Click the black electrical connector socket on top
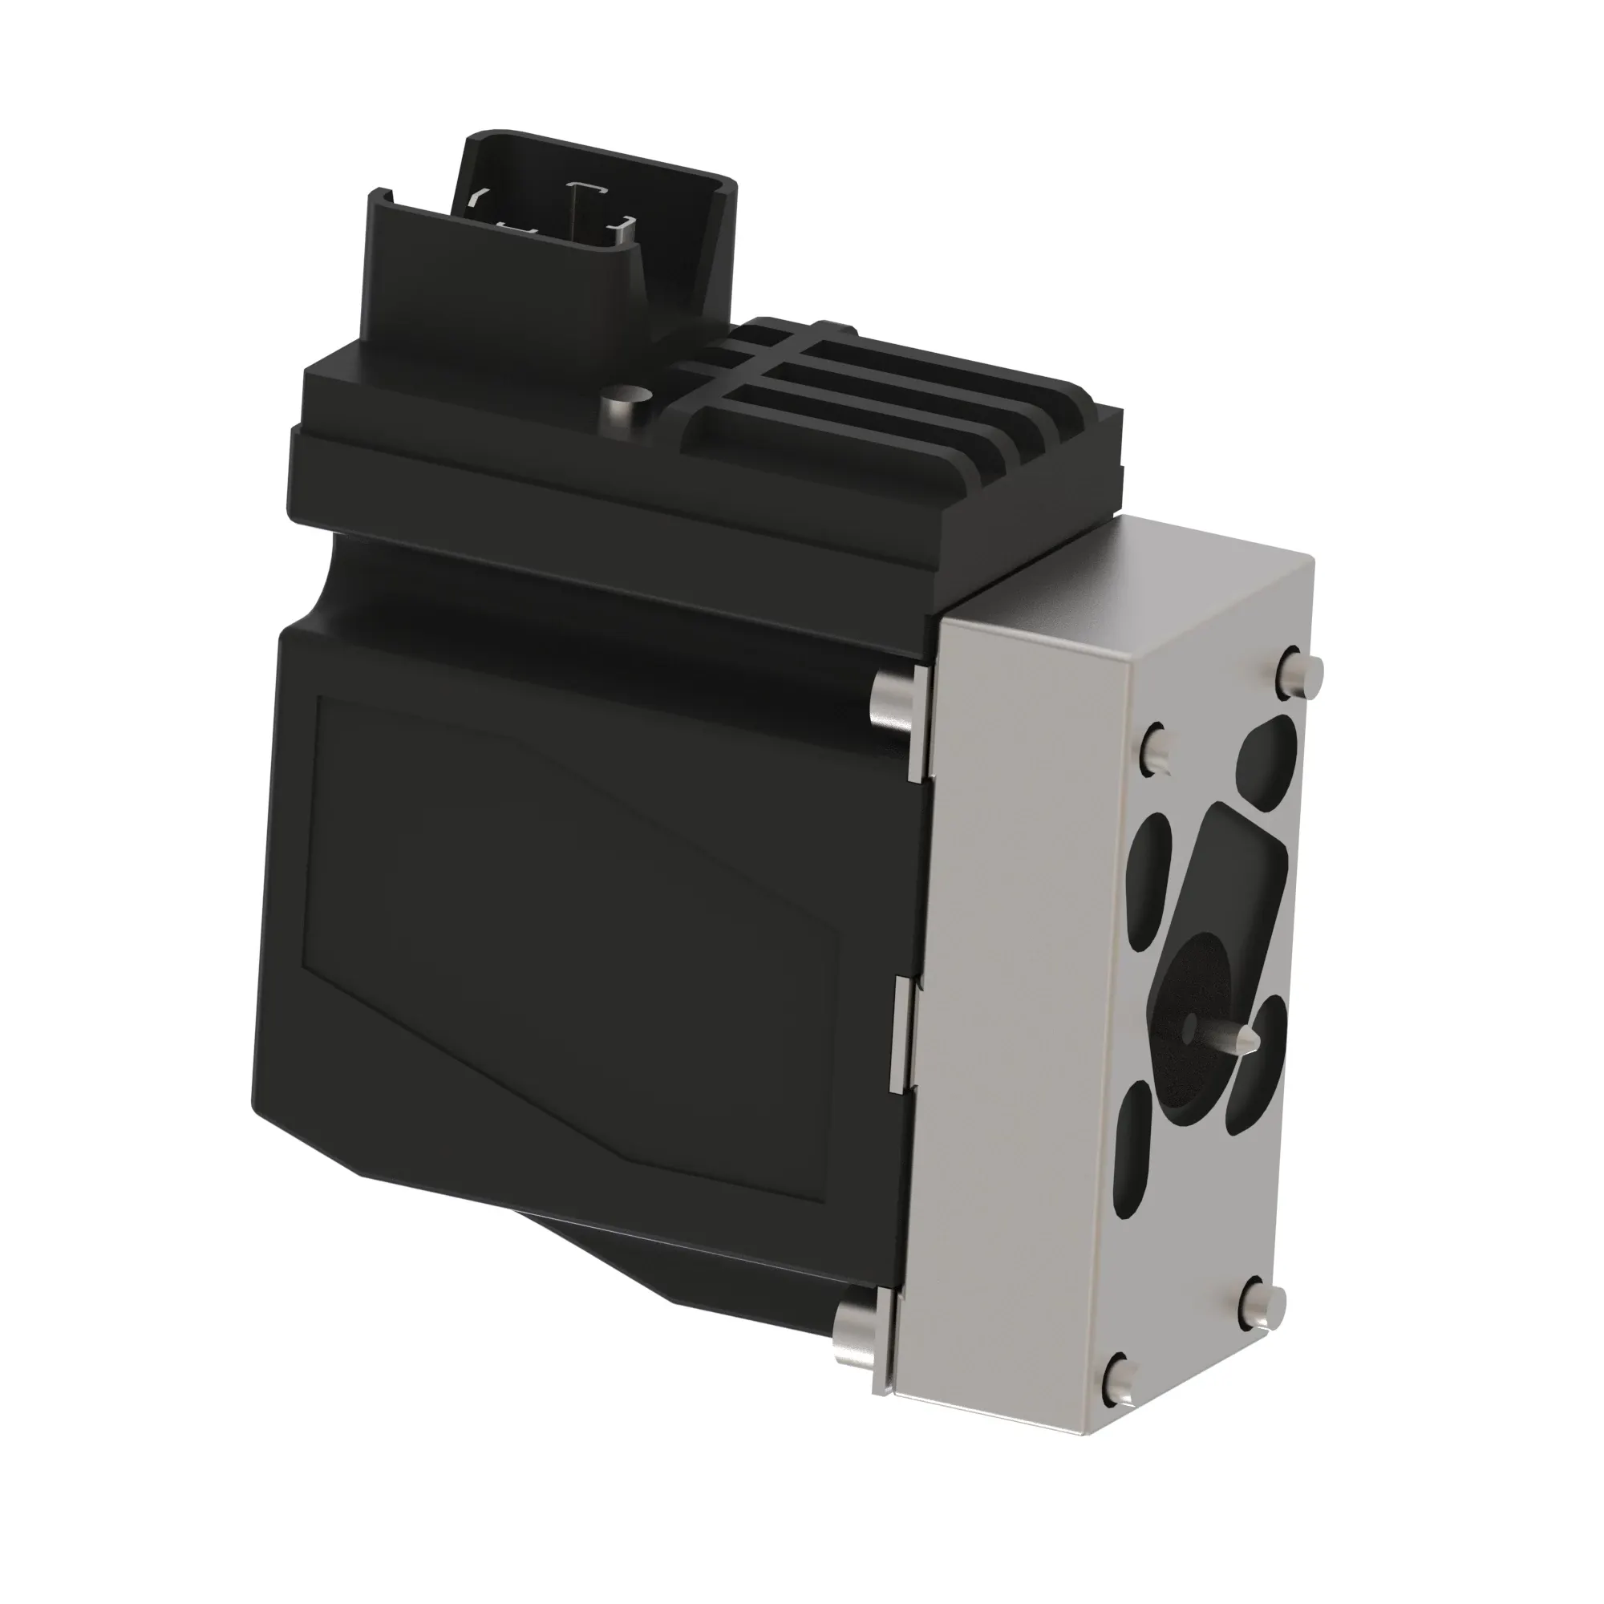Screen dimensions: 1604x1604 pyautogui.click(x=552, y=241)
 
